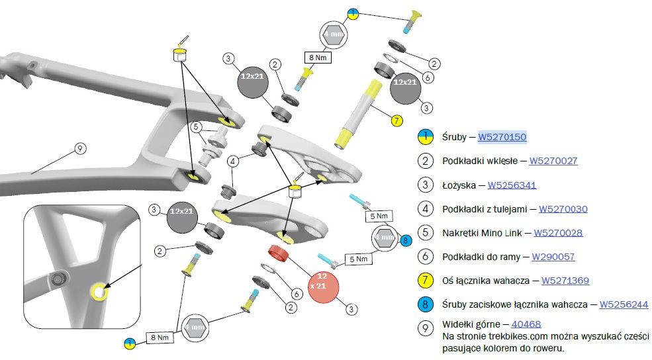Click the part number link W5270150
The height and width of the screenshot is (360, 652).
click(502, 137)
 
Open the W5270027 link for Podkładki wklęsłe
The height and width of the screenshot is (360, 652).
click(553, 161)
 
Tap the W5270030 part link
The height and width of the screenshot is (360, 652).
click(563, 209)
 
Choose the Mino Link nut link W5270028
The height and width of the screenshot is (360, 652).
click(558, 233)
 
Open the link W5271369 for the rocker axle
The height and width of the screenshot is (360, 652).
click(565, 281)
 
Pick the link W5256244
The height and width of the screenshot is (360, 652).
click(624, 304)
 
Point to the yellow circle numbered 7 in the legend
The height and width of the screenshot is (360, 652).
click(424, 281)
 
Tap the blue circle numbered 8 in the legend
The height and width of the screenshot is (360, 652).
click(424, 305)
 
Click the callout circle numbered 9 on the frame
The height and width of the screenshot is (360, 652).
click(79, 149)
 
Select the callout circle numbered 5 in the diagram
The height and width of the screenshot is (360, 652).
click(195, 126)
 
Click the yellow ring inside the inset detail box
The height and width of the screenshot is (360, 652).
click(99, 291)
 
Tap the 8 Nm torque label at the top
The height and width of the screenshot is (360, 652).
click(317, 57)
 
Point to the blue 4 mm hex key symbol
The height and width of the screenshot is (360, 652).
click(384, 237)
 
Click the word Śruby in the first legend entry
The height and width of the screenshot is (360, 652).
click(454, 137)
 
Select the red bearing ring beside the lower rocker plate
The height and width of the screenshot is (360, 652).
click(279, 253)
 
